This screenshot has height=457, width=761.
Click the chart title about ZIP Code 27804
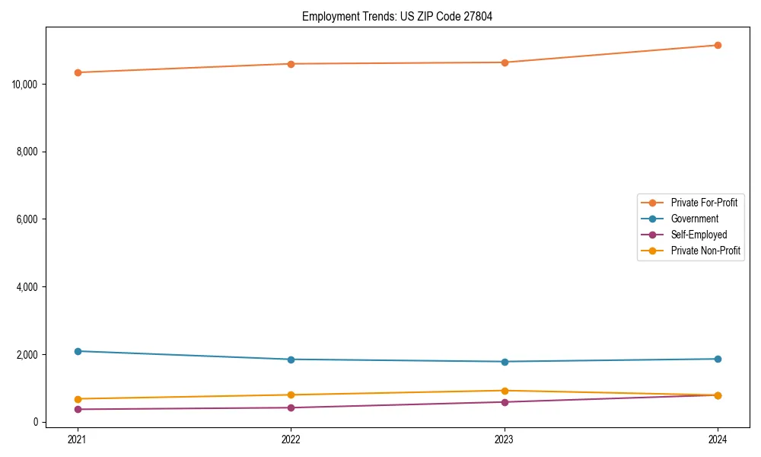[x=397, y=17]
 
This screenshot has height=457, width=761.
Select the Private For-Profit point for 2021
[x=78, y=72]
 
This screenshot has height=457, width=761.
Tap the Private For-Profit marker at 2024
[x=718, y=45]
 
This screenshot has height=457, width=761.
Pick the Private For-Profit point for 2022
[x=291, y=64]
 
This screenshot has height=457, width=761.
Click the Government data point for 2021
[x=78, y=351]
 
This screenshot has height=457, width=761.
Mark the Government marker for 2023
[x=505, y=362]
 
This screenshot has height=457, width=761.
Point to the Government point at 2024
[x=718, y=359]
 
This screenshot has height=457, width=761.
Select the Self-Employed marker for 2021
[x=78, y=409]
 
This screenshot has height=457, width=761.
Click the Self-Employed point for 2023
[x=505, y=402]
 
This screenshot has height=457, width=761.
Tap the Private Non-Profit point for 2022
[x=291, y=395]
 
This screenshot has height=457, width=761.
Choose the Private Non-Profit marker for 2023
[x=505, y=391]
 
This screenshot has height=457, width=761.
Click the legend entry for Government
[x=694, y=219]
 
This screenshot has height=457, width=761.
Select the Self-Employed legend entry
[x=699, y=235]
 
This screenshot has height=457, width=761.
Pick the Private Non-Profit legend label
[x=705, y=251]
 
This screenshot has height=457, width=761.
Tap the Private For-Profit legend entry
[x=704, y=203]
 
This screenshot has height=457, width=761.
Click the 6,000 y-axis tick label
[x=28, y=219]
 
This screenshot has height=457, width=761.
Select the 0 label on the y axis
[x=36, y=422]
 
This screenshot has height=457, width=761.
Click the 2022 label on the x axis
[x=291, y=439]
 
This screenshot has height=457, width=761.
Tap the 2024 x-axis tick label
[x=718, y=439]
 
